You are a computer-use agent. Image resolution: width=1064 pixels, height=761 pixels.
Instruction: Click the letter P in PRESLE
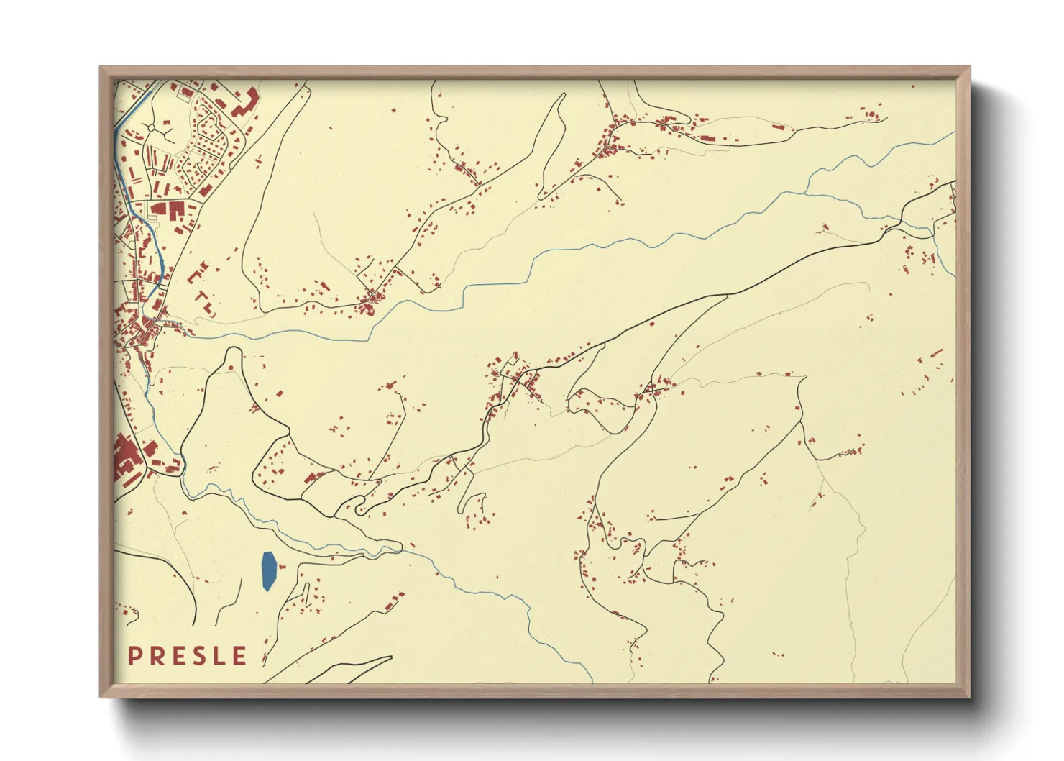(x=134, y=656)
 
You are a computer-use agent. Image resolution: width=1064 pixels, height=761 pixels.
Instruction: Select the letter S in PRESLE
(x=196, y=656)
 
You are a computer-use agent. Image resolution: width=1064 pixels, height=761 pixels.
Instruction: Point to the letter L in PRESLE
(x=217, y=656)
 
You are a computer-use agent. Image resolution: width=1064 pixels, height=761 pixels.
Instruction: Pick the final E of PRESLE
(x=239, y=656)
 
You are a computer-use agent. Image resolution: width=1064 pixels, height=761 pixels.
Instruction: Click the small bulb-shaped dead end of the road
(x=360, y=510)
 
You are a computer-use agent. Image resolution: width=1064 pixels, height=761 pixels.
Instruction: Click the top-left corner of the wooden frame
(x=101, y=68)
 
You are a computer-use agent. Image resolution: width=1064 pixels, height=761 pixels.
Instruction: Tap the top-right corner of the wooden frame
(x=970, y=68)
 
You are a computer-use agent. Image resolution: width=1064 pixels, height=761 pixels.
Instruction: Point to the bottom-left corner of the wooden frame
(x=101, y=696)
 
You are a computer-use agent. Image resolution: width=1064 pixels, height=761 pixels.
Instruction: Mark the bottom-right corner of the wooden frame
(x=970, y=696)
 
